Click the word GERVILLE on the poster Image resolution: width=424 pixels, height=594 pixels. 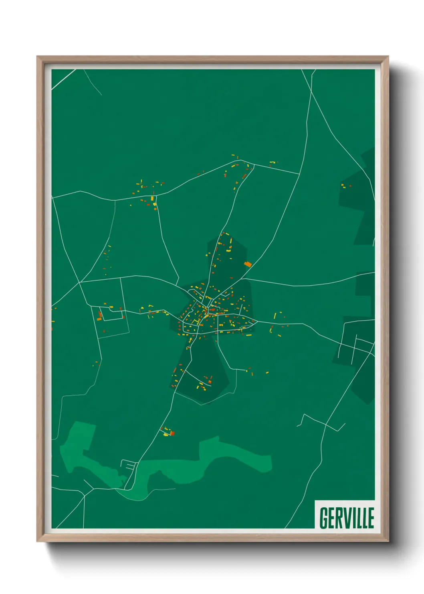(x=347, y=518)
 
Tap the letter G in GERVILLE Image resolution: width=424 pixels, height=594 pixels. (x=323, y=518)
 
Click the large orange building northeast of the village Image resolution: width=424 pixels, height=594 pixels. (x=248, y=264)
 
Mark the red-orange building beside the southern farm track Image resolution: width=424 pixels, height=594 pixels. (x=172, y=433)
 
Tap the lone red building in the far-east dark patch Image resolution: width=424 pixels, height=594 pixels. (x=350, y=186)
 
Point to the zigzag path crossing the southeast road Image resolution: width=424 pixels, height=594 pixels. (x=321, y=422)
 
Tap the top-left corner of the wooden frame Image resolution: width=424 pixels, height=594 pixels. (x=38, y=57)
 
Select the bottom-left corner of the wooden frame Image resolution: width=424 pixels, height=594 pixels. (x=38, y=541)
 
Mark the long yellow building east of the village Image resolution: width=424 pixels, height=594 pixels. (x=275, y=316)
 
